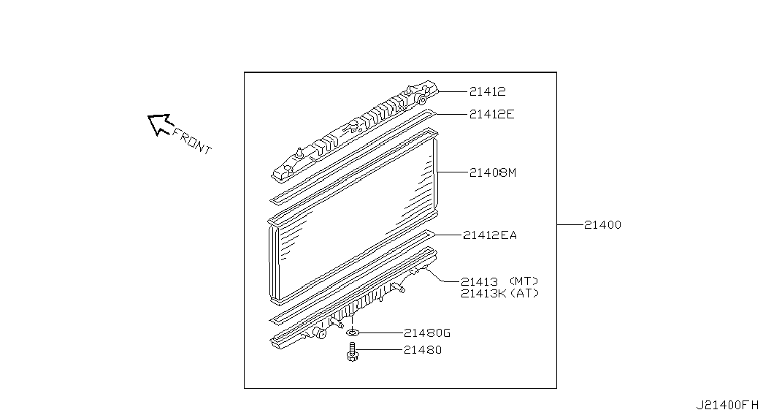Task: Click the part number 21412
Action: [x=488, y=91]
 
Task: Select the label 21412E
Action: [x=491, y=114]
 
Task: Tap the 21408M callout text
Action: [x=492, y=172]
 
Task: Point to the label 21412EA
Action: [x=489, y=235]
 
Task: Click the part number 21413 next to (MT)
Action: [x=479, y=281]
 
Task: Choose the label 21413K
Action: [x=483, y=293]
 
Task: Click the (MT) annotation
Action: [x=524, y=281]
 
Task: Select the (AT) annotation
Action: [x=524, y=293]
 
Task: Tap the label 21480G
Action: [x=426, y=333]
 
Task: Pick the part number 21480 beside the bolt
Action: [x=422, y=350]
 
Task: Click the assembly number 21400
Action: [x=602, y=225]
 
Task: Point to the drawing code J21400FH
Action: [x=727, y=405]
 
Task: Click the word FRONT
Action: [x=192, y=142]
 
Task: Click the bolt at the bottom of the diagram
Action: [x=352, y=351]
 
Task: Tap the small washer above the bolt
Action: [x=353, y=333]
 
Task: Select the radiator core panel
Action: [x=353, y=216]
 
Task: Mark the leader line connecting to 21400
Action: [x=570, y=225]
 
